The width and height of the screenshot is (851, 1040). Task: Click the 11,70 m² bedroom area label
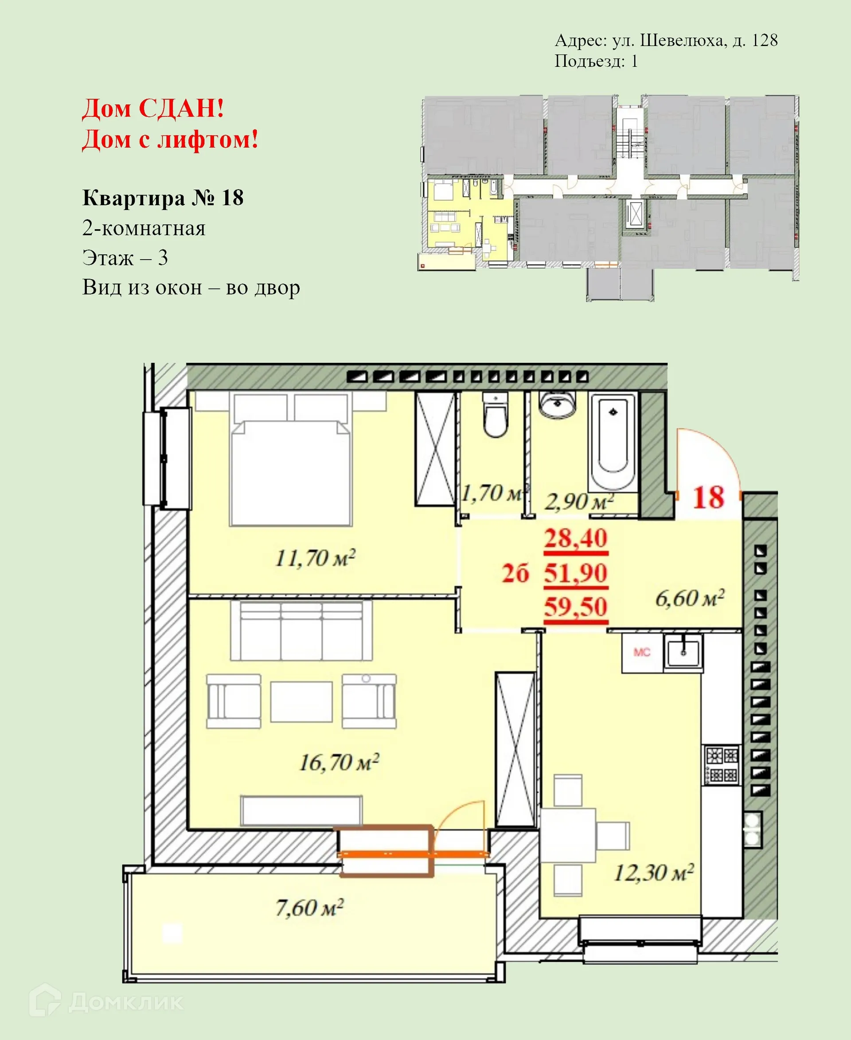click(315, 558)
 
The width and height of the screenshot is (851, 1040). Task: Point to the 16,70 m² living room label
click(339, 763)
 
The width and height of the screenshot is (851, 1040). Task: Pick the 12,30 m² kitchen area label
click(653, 873)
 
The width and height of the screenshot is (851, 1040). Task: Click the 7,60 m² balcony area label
click(309, 908)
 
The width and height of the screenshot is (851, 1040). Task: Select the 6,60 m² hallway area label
click(689, 598)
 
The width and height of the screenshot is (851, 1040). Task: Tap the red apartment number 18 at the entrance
click(708, 498)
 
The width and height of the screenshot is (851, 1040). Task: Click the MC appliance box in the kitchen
click(642, 652)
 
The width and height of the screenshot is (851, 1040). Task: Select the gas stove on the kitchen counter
click(722, 764)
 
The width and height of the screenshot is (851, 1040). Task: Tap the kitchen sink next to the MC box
click(683, 652)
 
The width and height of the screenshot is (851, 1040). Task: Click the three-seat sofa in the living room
click(301, 631)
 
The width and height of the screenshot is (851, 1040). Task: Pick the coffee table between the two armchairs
click(301, 701)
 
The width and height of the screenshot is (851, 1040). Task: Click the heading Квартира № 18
click(163, 198)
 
